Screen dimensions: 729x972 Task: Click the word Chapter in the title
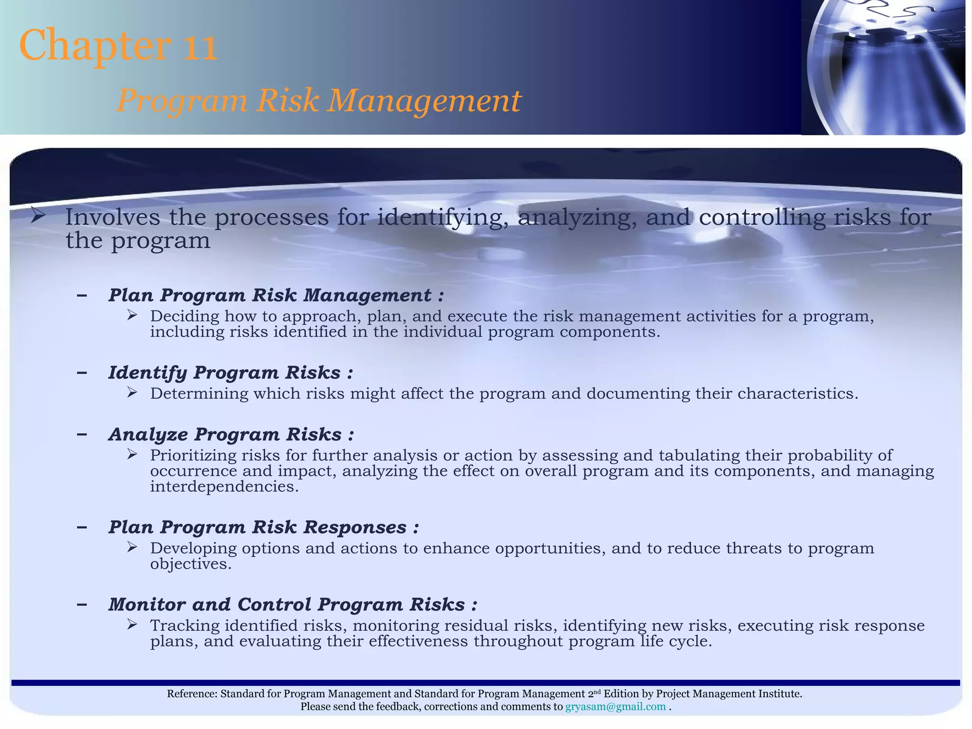click(x=95, y=46)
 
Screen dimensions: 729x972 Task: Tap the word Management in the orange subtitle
click(x=424, y=101)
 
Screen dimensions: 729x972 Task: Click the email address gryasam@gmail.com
click(x=616, y=707)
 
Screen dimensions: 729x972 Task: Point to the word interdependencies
click(x=224, y=486)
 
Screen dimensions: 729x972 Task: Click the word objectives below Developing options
click(x=190, y=564)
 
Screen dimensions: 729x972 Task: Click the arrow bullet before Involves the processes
click(x=38, y=216)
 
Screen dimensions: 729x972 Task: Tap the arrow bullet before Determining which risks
click(x=132, y=392)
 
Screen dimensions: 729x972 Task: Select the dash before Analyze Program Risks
click(x=82, y=434)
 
